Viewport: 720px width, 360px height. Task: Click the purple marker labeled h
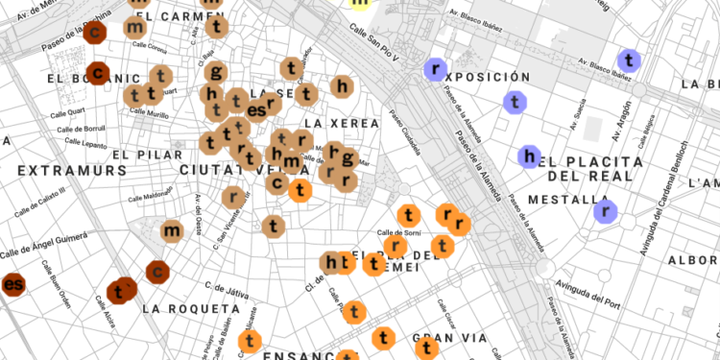[x=528, y=156]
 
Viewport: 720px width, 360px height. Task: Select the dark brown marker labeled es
[x=12, y=284]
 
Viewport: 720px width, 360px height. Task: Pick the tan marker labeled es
[x=256, y=110]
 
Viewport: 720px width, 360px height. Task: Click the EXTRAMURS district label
[x=72, y=170]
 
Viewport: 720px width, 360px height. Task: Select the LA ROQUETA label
[x=189, y=309]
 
